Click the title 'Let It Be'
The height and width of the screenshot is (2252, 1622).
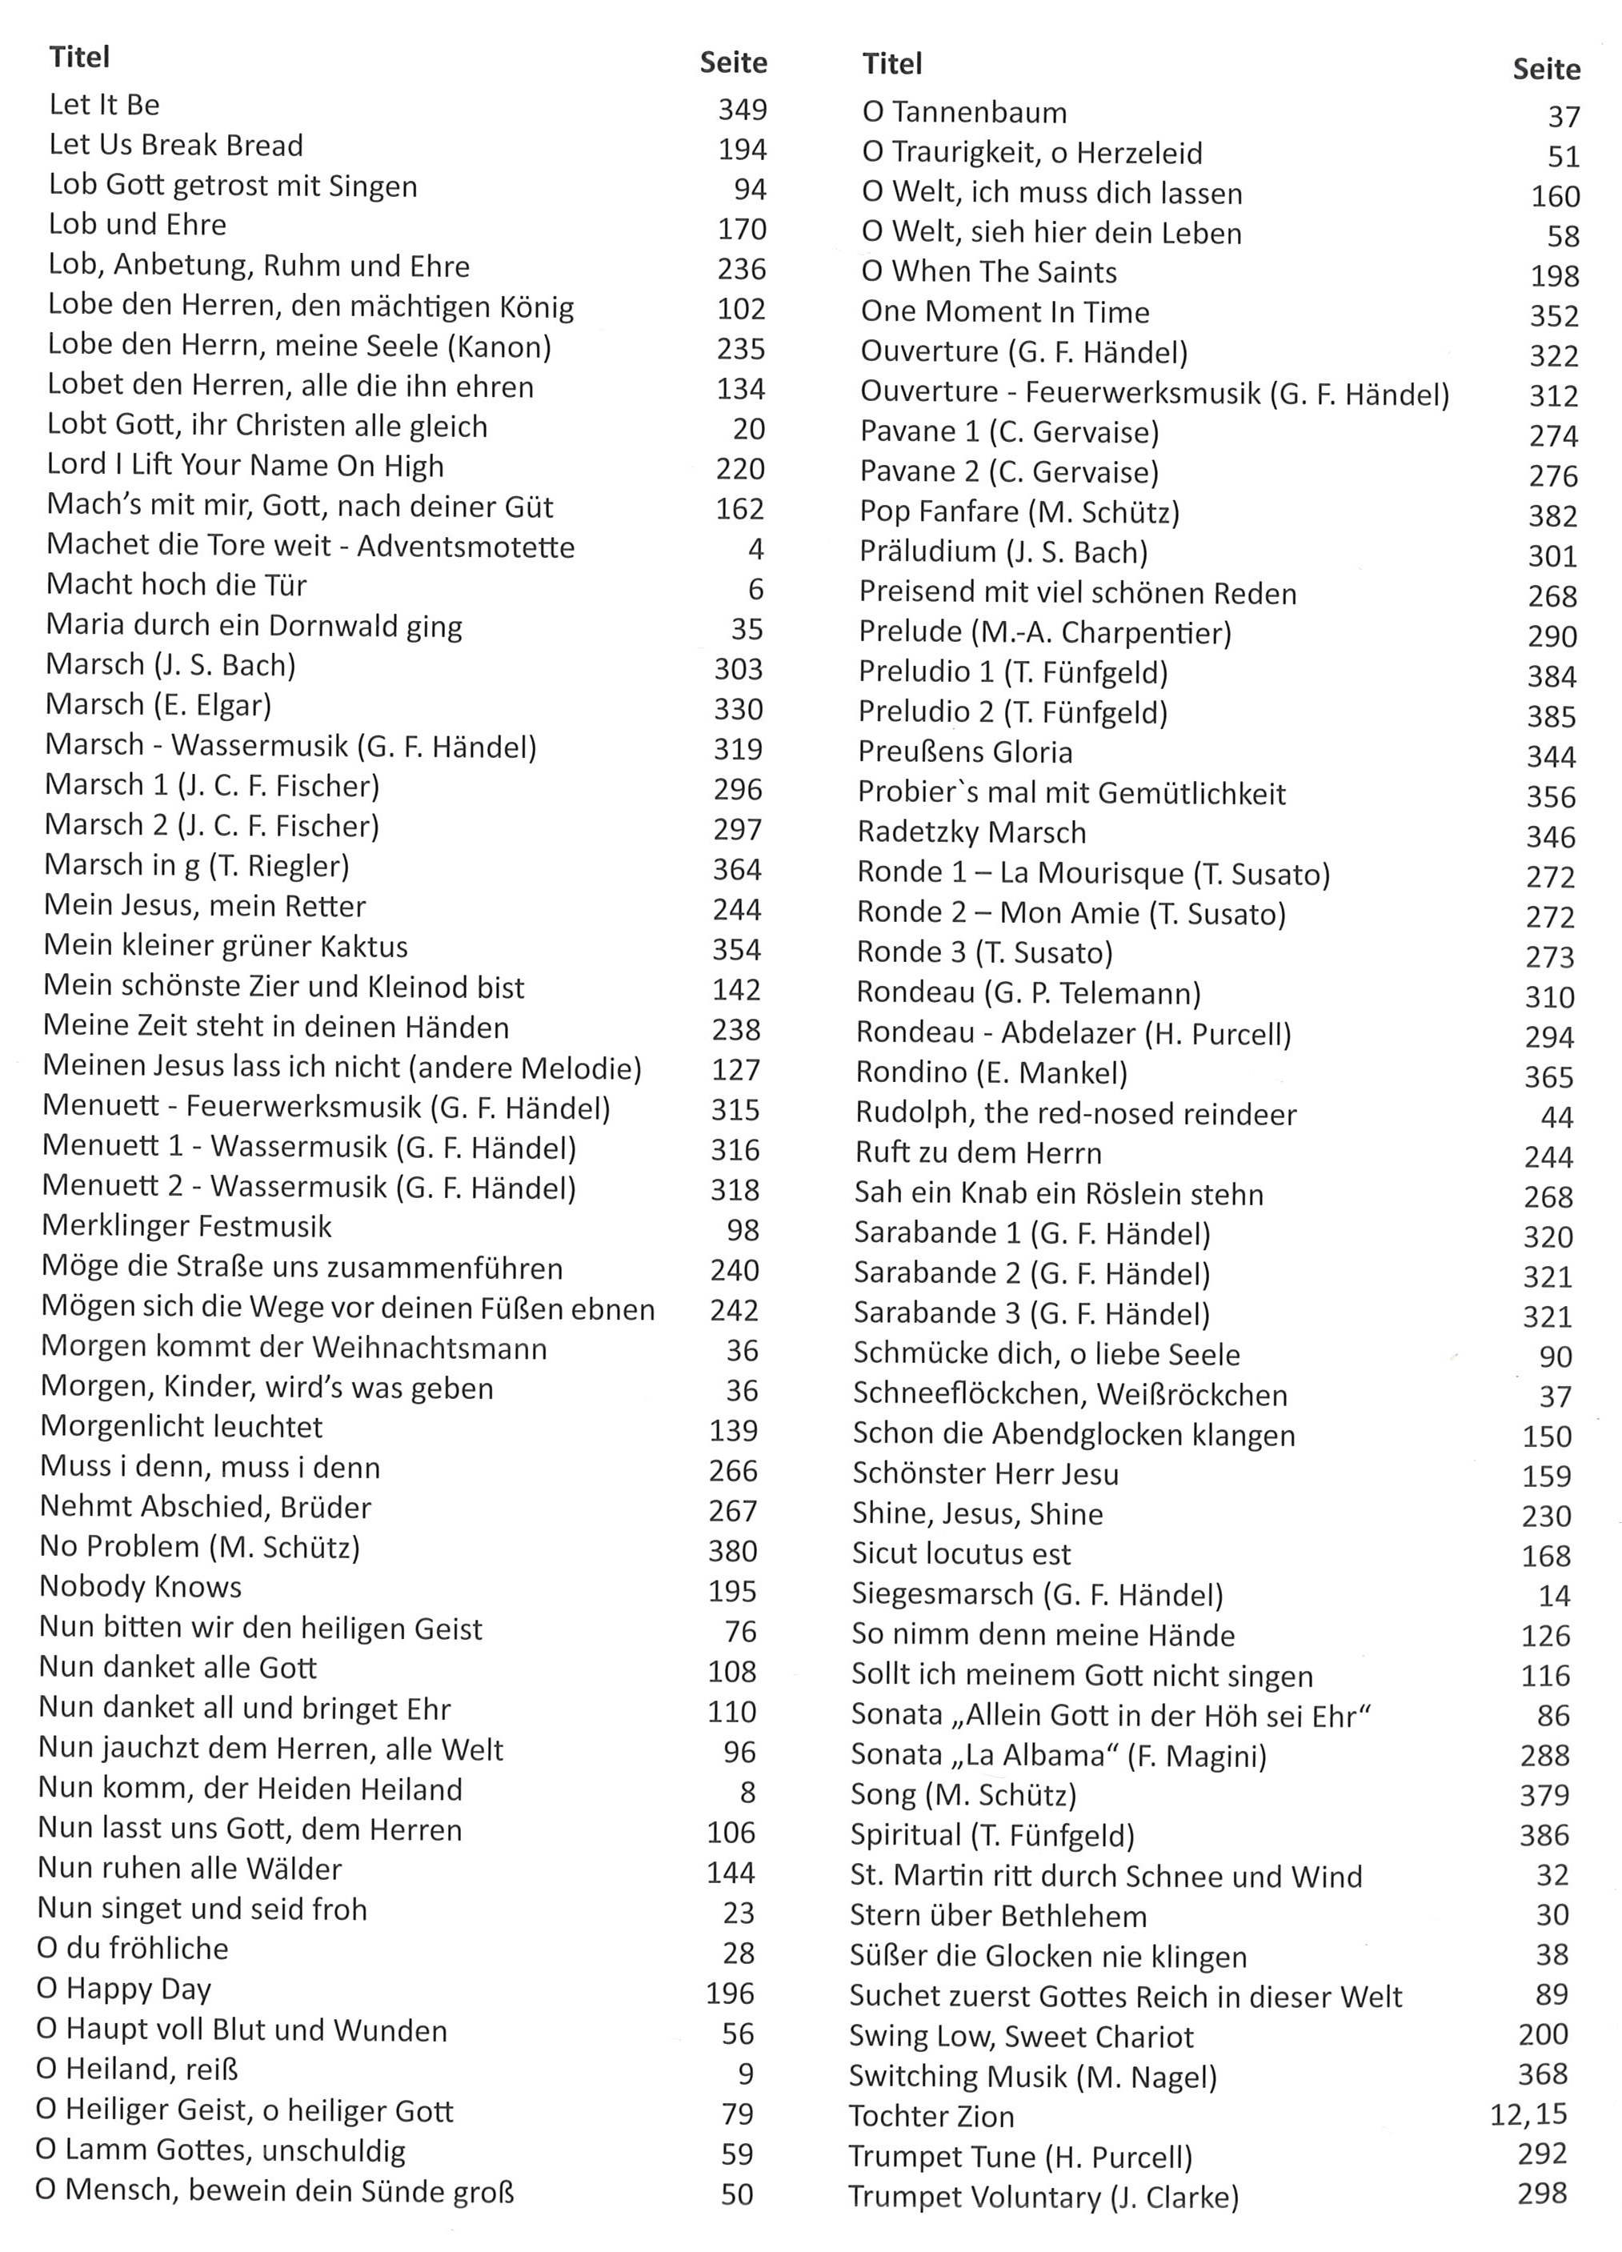click(x=104, y=106)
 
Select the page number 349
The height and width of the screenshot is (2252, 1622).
click(x=743, y=110)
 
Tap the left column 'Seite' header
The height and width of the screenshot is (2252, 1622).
click(x=734, y=63)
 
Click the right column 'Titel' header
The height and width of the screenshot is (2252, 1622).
click(x=892, y=65)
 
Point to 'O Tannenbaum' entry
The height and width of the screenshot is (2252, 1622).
click(x=964, y=113)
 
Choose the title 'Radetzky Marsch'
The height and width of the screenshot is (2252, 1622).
click(x=971, y=832)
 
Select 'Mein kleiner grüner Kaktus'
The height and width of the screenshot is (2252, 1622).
click(x=226, y=946)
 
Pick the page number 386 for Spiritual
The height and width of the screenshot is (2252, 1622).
click(x=1544, y=1834)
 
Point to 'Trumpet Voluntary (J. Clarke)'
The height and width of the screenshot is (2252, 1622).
click(x=1043, y=2197)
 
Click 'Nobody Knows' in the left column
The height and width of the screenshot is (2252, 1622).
click(x=141, y=1587)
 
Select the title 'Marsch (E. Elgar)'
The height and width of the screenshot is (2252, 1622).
click(x=158, y=705)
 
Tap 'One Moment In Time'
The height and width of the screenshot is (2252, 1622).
click(x=1004, y=312)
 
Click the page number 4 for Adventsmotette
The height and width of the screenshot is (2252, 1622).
click(x=755, y=549)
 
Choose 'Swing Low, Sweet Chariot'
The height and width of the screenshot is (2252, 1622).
click(x=1021, y=2037)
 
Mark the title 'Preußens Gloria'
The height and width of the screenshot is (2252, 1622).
click(x=965, y=751)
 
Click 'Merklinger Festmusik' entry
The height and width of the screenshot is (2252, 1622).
click(x=186, y=1226)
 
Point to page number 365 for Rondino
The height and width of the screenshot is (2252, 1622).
click(x=1548, y=1076)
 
